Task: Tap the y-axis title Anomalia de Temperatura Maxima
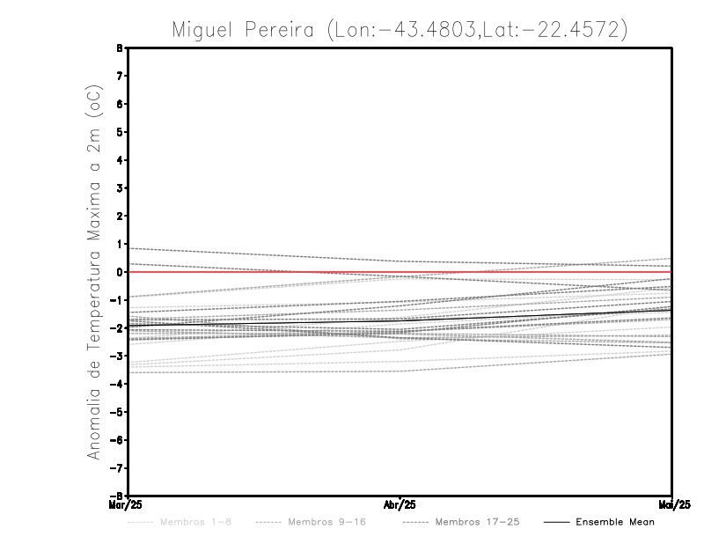pos(93,283)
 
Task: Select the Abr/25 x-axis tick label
pos(400,504)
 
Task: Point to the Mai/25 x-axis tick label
pos(672,504)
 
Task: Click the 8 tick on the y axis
pos(120,48)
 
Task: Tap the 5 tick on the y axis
pos(120,132)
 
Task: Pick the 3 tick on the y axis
pos(120,187)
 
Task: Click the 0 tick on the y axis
pos(120,272)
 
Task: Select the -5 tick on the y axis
pos(118,412)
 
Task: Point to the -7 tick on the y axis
pos(118,467)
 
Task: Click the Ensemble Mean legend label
pos(615,522)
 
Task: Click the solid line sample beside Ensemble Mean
pos(555,522)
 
